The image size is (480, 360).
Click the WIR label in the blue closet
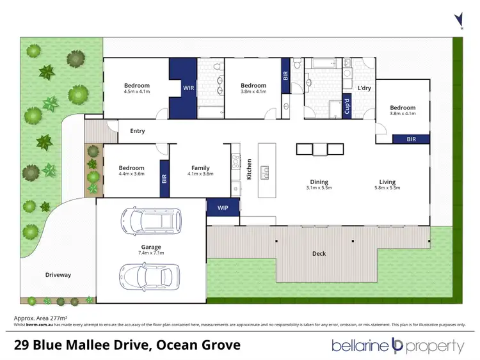[188, 89]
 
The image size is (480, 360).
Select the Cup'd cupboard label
[347, 104]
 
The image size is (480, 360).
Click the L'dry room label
[364, 88]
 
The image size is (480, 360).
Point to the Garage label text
[152, 247]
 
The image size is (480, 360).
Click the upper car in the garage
[143, 221]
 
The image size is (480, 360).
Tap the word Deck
[319, 254]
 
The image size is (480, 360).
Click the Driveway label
[58, 275]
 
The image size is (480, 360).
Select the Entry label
[137, 131]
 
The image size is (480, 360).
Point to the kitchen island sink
[264, 171]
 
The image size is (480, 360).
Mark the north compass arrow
[457, 19]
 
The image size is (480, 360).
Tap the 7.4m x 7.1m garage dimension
[152, 253]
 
